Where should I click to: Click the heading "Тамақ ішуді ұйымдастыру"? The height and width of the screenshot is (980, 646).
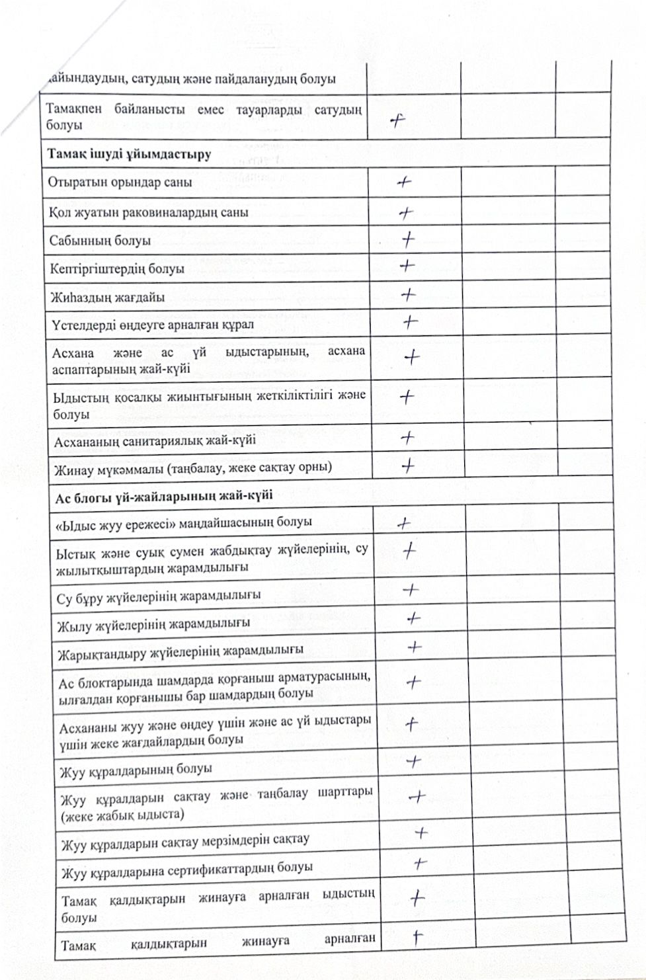[x=129, y=154]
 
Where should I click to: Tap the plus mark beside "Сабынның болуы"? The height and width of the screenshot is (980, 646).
[x=409, y=238]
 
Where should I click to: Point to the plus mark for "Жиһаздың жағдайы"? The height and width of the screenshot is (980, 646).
[x=409, y=294]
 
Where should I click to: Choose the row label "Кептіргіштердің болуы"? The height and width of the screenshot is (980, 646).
[x=117, y=269]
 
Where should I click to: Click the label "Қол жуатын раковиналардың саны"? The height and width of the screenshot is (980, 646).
[x=149, y=212]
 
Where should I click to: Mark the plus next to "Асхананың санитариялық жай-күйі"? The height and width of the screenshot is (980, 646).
[x=409, y=437]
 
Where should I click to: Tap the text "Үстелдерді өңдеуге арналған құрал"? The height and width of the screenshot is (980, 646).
[x=152, y=325]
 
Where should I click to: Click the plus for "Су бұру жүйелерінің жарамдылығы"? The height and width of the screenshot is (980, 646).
[x=411, y=589]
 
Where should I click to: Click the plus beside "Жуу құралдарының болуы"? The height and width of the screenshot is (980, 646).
[x=414, y=762]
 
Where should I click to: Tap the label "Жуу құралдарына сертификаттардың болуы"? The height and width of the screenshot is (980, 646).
[x=187, y=869]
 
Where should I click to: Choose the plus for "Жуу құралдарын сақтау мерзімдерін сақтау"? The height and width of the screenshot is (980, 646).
[x=421, y=833]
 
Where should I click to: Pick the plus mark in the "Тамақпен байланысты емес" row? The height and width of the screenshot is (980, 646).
[x=397, y=120]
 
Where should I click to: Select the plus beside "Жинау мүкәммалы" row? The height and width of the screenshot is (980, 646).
[x=408, y=466]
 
